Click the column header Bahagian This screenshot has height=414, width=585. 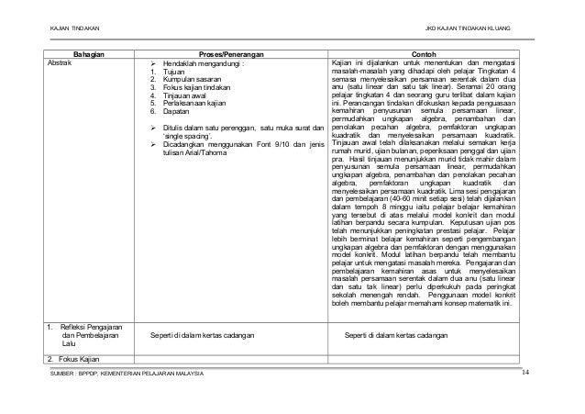89,53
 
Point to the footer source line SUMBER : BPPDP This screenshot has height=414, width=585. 129,374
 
